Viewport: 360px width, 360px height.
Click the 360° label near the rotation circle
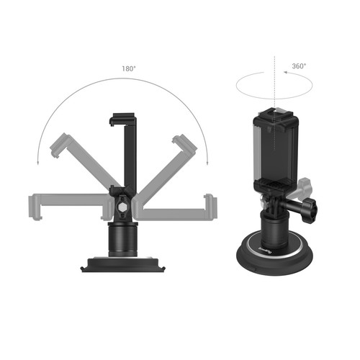[299, 66]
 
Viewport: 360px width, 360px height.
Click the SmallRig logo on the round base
[264, 253]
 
